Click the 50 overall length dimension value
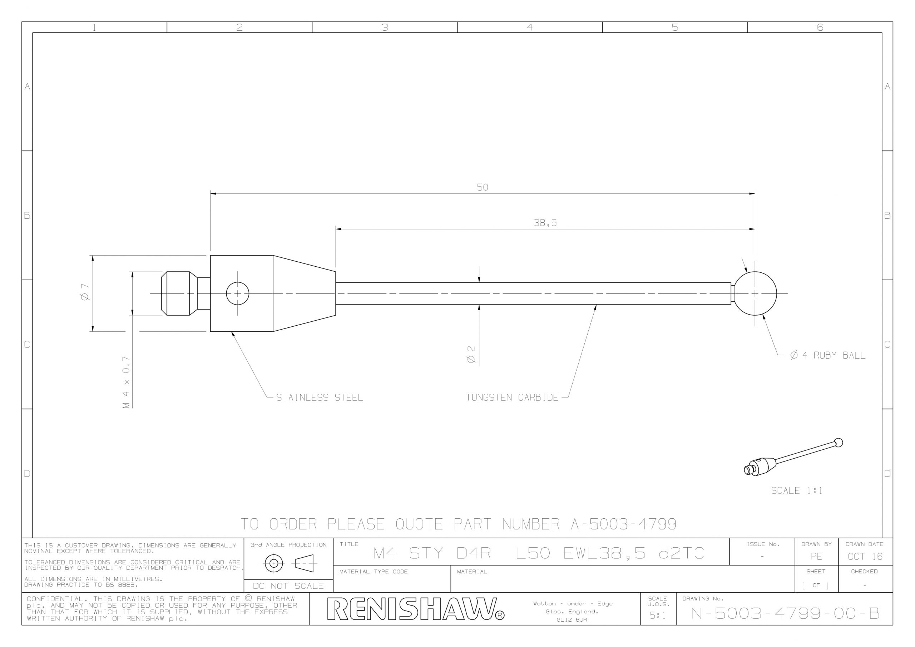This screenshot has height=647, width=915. pos(482,187)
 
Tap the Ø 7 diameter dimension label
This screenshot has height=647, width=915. pos(84,292)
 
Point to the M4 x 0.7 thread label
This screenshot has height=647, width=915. pos(126,382)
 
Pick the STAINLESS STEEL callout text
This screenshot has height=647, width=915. pos(320,397)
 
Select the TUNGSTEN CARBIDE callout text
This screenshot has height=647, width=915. pos(512,397)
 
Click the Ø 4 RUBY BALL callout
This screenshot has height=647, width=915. pos(828,355)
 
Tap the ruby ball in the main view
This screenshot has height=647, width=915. pos(755,293)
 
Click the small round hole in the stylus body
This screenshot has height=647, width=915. pos(238,293)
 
